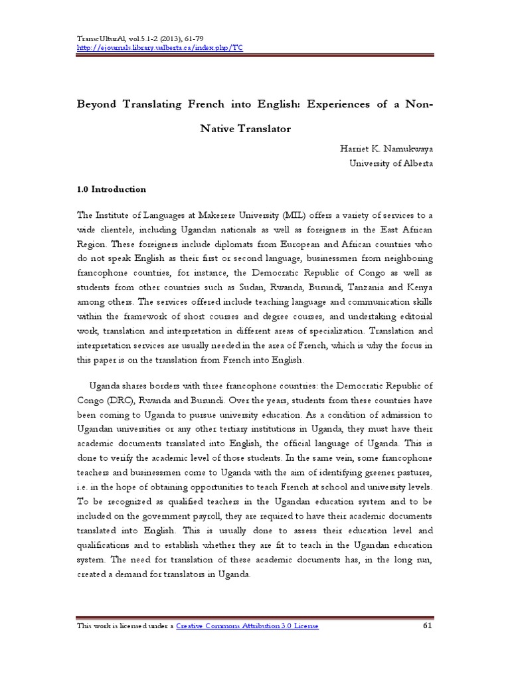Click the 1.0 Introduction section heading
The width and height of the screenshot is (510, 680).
point(112,189)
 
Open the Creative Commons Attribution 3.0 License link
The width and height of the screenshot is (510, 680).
point(248,626)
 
